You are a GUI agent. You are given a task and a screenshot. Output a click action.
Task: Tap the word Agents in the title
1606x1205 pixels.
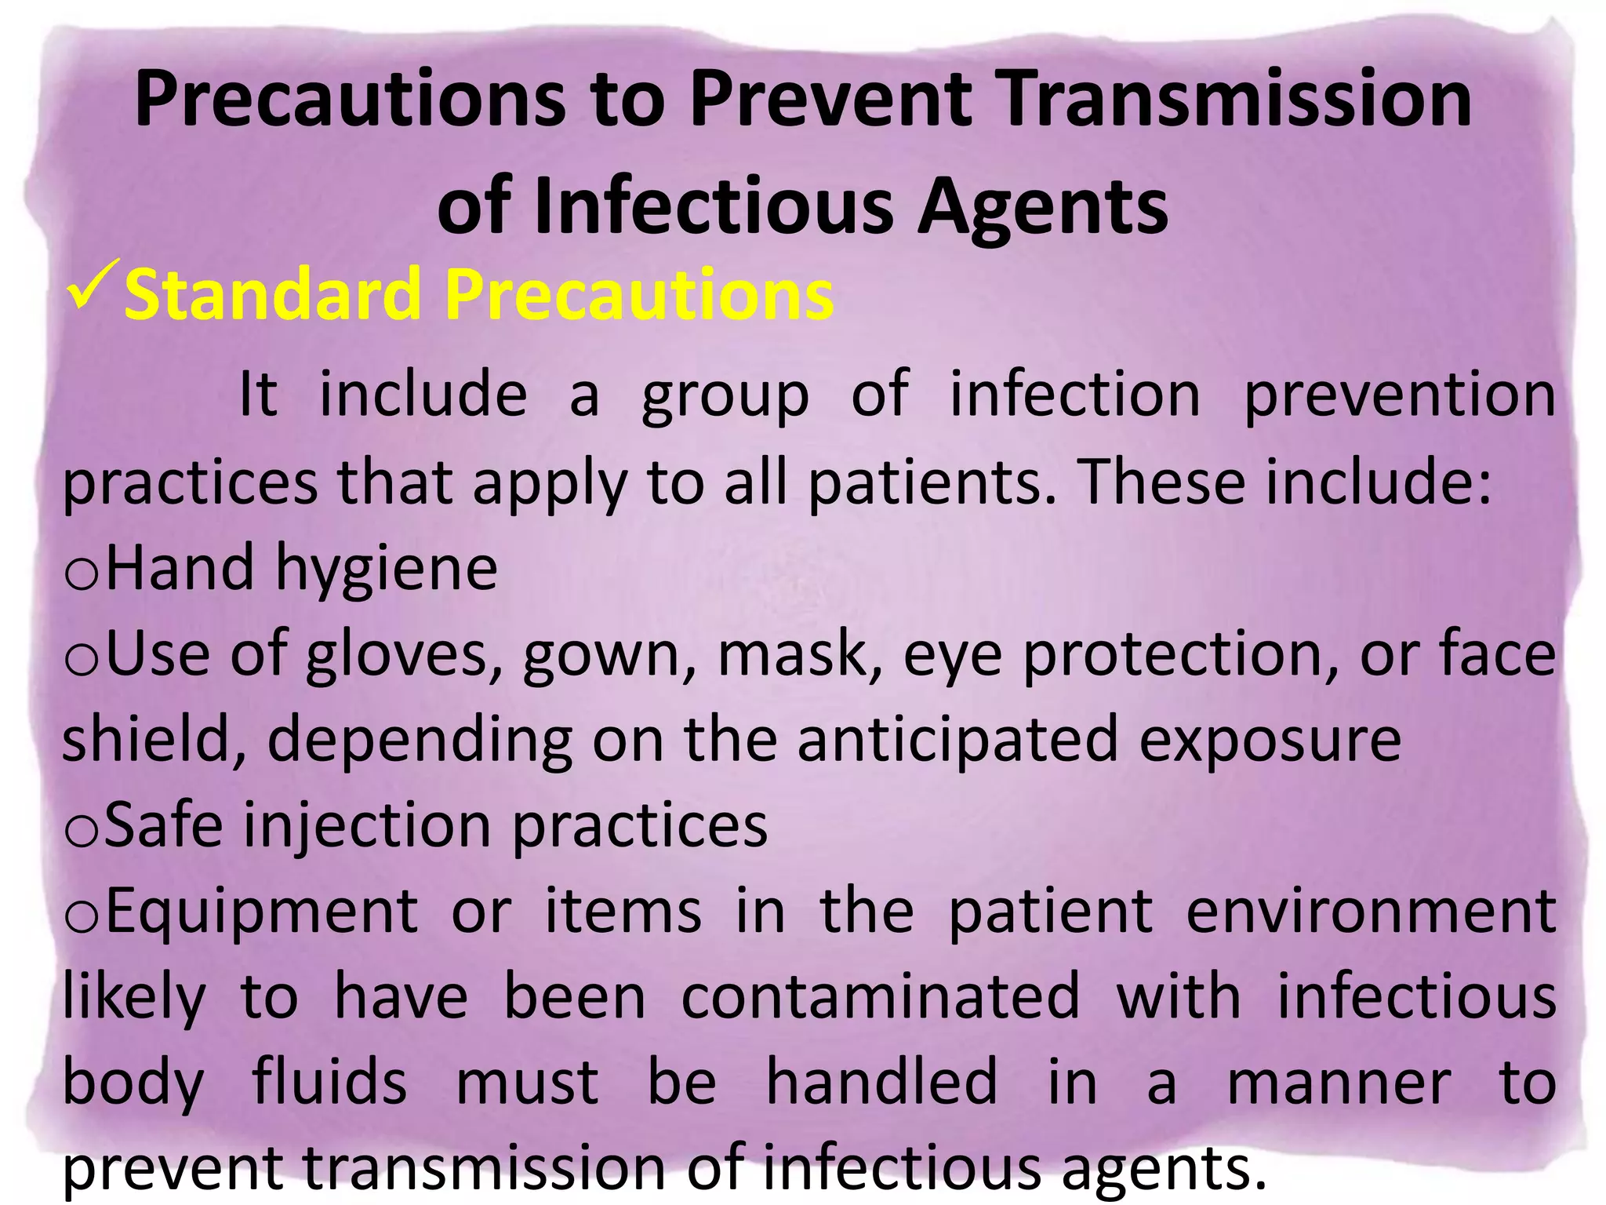pos(1042,207)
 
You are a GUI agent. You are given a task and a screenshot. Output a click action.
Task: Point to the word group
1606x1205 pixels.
pos(725,396)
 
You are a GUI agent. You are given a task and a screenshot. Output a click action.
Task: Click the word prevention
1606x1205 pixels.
pos(1399,396)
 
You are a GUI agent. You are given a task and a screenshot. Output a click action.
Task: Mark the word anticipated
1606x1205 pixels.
pos(957,741)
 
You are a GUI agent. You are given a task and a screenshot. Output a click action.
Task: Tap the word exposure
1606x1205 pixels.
pos(1270,741)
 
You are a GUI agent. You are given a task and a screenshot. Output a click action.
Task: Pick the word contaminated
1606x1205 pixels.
pos(880,998)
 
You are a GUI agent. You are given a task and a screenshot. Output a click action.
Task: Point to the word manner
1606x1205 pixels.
pos(1339,1084)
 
